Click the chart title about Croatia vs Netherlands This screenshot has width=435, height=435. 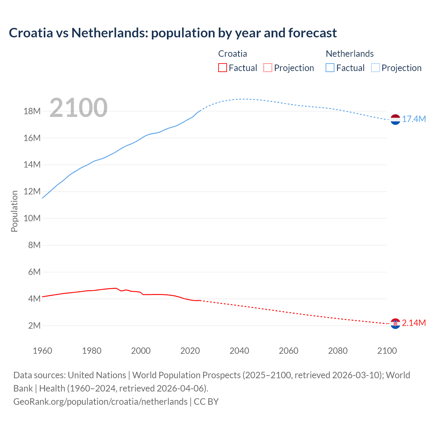click(x=173, y=33)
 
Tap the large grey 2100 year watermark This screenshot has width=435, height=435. click(x=79, y=108)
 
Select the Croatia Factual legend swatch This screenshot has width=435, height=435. click(x=222, y=68)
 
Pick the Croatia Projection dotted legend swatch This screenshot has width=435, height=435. click(x=268, y=68)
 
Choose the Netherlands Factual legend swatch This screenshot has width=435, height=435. click(x=330, y=68)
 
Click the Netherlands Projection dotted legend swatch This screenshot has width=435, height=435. click(x=376, y=68)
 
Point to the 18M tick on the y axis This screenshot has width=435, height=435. click(x=32, y=111)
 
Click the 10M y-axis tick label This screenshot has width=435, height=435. click(x=32, y=218)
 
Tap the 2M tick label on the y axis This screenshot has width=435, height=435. click(x=34, y=326)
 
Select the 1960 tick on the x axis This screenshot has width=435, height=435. click(x=42, y=351)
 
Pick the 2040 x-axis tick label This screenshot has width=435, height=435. click(x=239, y=351)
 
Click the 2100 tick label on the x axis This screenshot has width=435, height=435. click(x=387, y=351)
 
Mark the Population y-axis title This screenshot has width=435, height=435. click(x=14, y=211)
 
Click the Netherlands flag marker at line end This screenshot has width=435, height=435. click(x=395, y=120)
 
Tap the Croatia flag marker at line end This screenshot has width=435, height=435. click(x=395, y=324)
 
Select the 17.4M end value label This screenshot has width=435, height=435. click(x=414, y=119)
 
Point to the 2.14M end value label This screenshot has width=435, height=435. click(x=414, y=323)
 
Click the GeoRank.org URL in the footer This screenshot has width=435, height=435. click(x=100, y=402)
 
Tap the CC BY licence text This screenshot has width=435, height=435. click(x=206, y=402)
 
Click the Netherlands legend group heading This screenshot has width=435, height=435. click(x=350, y=54)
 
